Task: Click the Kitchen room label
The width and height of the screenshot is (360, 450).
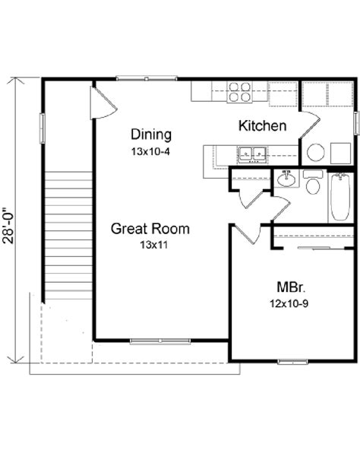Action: click(x=263, y=126)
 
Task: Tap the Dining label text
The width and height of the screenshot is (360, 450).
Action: click(x=151, y=135)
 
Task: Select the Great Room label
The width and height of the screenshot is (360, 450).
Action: click(x=150, y=229)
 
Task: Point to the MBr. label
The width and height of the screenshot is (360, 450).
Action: click(x=291, y=287)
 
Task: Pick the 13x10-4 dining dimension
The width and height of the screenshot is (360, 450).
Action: click(x=150, y=151)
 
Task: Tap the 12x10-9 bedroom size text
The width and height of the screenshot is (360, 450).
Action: click(x=289, y=303)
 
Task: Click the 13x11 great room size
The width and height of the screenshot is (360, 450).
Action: click(x=153, y=245)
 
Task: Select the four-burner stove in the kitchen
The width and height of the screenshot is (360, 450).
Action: click(x=240, y=92)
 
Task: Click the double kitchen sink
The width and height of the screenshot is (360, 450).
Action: click(x=252, y=155)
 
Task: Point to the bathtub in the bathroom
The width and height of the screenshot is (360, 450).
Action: click(x=340, y=197)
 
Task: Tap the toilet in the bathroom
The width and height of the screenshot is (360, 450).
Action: click(x=313, y=182)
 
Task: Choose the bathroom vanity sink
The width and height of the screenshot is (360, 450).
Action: click(x=286, y=179)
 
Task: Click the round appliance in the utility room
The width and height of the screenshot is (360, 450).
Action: click(x=316, y=152)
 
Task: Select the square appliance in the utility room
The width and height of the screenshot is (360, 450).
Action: click(x=341, y=154)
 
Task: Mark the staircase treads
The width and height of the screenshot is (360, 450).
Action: click(x=68, y=236)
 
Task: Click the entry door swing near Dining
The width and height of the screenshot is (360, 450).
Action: click(x=103, y=103)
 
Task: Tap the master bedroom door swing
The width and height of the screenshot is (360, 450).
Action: click(x=248, y=234)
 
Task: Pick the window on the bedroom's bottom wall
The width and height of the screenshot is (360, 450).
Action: click(x=293, y=361)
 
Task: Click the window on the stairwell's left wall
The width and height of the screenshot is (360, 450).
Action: click(x=43, y=128)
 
